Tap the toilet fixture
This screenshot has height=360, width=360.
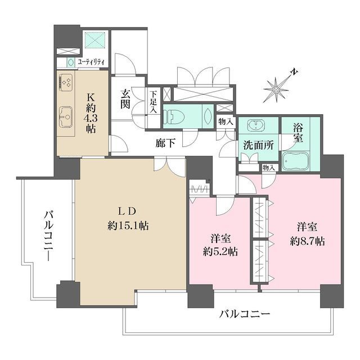[x=175, y=116]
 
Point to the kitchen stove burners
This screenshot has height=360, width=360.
[x=65, y=83]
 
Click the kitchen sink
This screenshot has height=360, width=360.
[x=65, y=117]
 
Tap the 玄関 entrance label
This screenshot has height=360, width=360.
[x=125, y=100]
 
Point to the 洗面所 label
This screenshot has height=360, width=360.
[x=258, y=144]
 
